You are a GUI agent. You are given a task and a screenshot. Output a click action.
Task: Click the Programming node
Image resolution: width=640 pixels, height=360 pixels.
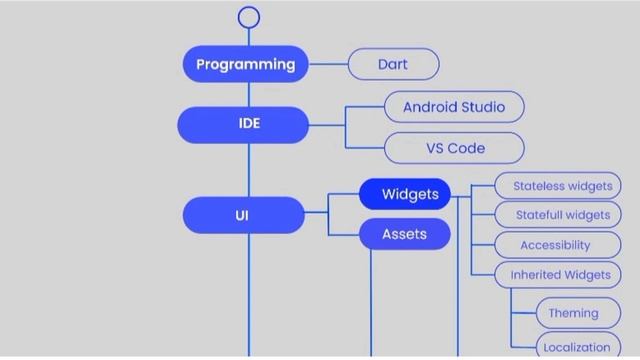point(245,64)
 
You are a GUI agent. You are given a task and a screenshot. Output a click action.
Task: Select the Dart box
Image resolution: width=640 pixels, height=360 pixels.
point(393,64)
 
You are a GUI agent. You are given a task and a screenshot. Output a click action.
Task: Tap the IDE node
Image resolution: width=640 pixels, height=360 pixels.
point(245,125)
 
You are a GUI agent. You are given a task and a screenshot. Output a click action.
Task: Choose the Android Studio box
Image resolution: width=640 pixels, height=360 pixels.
point(454,107)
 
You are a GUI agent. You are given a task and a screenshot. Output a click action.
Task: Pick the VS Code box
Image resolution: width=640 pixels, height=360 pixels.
point(454,148)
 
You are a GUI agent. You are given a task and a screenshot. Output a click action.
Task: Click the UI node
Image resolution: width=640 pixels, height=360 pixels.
point(243,215)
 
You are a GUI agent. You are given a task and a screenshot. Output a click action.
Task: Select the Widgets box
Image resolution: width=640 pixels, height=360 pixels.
point(405,194)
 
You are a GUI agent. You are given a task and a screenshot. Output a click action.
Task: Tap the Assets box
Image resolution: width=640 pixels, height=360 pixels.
point(405,234)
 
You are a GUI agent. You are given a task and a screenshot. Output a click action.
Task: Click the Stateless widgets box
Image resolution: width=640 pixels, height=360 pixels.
point(562,186)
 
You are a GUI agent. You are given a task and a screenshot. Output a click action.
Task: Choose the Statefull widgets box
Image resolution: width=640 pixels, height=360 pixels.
point(562,215)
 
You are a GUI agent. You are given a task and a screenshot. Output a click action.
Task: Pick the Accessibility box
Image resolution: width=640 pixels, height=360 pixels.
point(556,245)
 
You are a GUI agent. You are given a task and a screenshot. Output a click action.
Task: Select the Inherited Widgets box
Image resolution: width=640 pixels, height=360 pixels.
point(559,275)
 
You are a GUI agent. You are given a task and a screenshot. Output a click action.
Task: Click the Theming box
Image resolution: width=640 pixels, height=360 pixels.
point(573,313)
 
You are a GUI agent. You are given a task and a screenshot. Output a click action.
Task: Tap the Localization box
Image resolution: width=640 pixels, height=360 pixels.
point(576,347)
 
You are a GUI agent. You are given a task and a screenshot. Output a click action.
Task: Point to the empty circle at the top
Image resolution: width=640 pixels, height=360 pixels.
point(249,17)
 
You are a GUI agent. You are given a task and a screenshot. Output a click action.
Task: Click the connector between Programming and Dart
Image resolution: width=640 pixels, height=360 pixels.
point(328,64)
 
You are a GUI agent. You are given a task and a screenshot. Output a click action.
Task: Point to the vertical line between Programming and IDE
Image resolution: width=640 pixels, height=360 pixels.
point(249,95)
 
